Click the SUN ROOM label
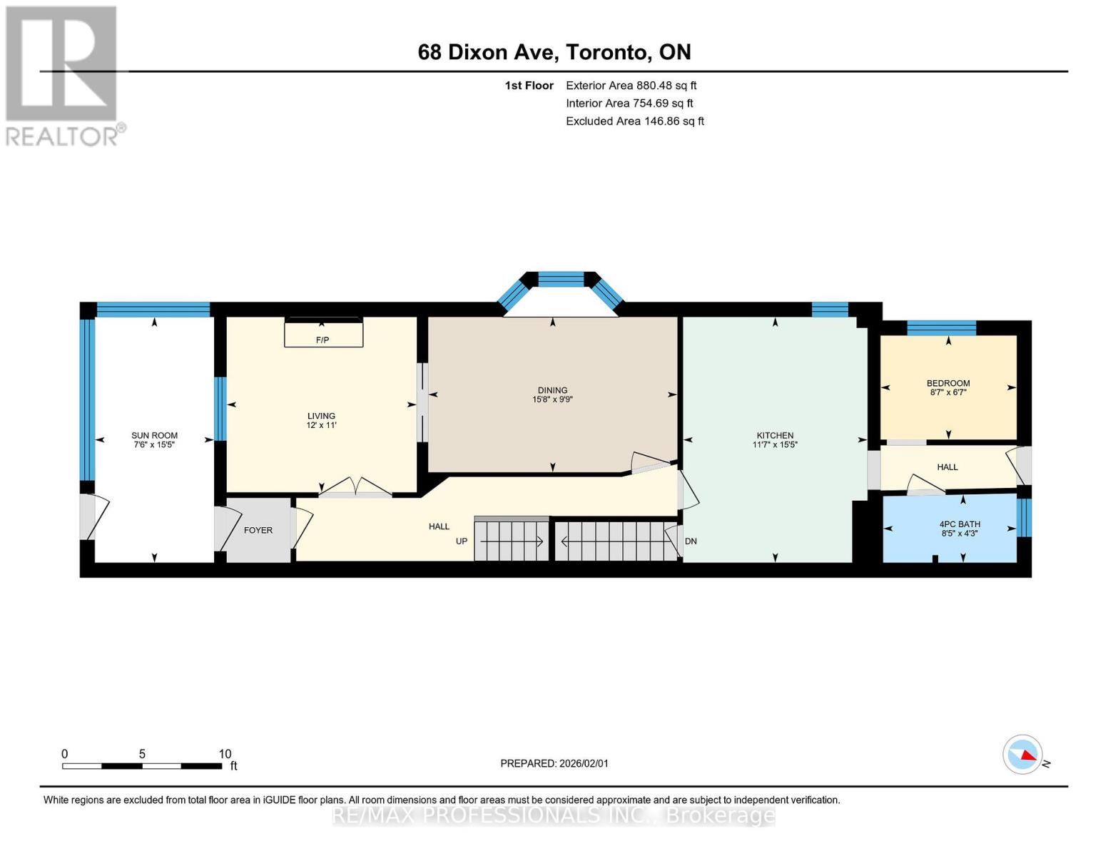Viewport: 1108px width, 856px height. click(x=154, y=435)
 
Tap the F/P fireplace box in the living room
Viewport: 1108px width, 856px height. click(x=323, y=332)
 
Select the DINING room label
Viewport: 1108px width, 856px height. click(x=552, y=390)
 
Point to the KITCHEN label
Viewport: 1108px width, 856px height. click(x=775, y=435)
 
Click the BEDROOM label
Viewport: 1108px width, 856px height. click(x=948, y=383)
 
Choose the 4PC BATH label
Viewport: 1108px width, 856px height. click(x=960, y=524)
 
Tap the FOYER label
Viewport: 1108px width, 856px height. click(x=258, y=530)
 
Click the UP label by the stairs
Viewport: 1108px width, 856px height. click(x=462, y=541)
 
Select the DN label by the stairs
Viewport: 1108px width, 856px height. click(x=691, y=541)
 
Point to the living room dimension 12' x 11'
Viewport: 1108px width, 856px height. click(x=321, y=425)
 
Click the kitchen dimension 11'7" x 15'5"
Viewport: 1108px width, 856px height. click(x=775, y=444)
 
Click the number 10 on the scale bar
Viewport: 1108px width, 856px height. click(x=225, y=753)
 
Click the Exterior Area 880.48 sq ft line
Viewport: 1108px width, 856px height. click(x=631, y=86)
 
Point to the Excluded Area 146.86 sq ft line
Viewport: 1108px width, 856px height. click(x=635, y=121)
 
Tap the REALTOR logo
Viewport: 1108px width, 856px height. click(x=63, y=76)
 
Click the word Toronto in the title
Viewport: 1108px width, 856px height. click(x=606, y=53)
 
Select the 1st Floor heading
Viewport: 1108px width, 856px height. click(x=529, y=86)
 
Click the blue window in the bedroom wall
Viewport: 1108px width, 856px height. click(x=941, y=327)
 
